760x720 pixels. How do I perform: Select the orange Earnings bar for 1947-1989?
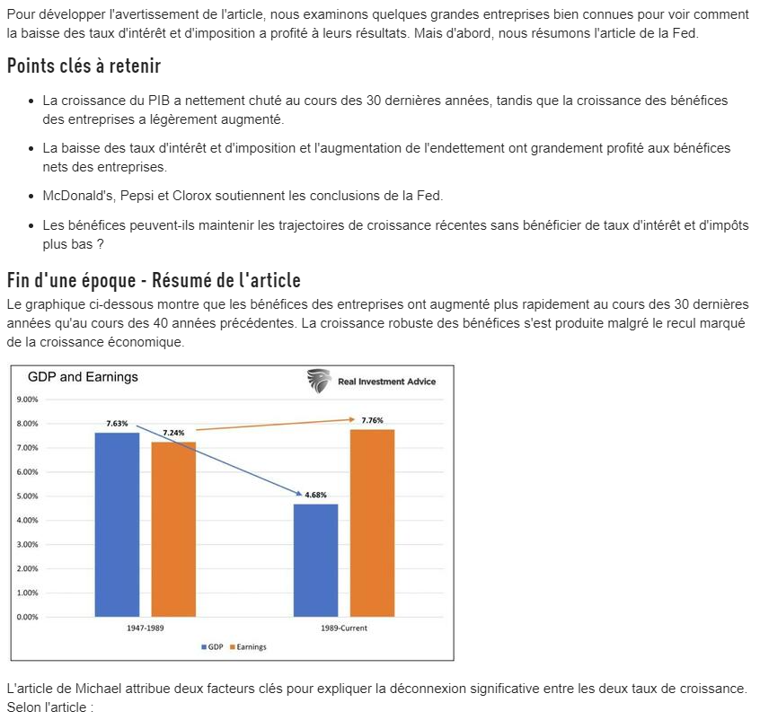[173, 529]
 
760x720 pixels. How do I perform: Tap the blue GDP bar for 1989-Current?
[315, 560]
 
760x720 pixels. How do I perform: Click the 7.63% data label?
[117, 423]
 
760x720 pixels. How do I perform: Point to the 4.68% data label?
[315, 495]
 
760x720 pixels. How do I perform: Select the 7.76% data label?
[372, 420]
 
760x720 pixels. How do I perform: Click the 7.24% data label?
[173, 433]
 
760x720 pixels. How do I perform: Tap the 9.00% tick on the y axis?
[28, 400]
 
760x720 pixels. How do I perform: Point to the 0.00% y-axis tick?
[28, 618]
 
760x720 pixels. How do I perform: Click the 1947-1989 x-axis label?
[145, 628]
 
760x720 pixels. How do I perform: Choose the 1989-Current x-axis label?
[344, 628]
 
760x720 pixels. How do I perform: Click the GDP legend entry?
[212, 647]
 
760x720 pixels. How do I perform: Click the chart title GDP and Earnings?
[83, 377]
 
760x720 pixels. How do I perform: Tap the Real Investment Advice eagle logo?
[319, 381]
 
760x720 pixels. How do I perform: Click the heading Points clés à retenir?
[84, 66]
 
